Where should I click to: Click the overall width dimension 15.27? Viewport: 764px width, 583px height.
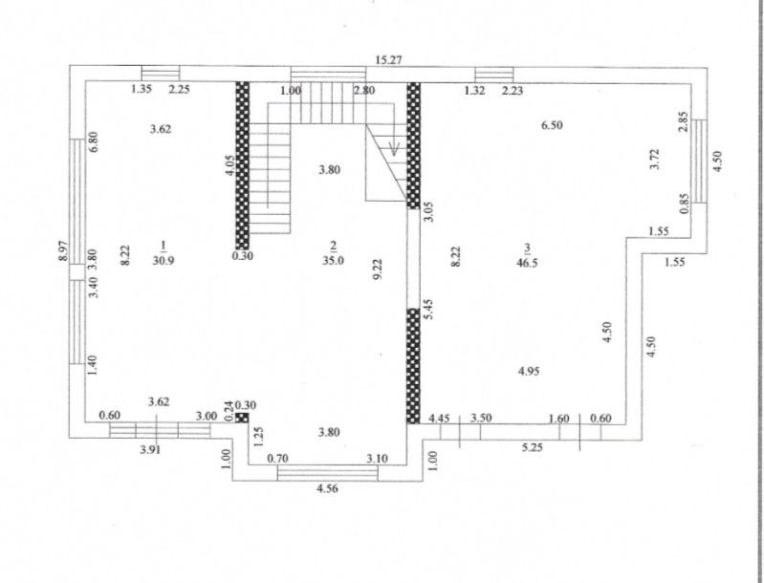pos(387,59)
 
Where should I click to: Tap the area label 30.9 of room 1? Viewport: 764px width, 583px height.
pos(163,259)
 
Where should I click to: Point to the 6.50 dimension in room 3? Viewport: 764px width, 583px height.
pos(551,125)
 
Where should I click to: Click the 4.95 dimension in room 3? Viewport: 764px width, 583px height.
pos(530,371)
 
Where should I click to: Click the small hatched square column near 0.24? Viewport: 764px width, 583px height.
pos(242,417)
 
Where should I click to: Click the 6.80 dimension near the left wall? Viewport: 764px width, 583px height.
pos(94,143)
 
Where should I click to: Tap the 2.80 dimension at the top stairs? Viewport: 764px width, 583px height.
pos(363,91)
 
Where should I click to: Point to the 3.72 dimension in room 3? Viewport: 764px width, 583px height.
pos(654,159)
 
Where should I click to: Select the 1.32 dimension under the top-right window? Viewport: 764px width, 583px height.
pos(474,91)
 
